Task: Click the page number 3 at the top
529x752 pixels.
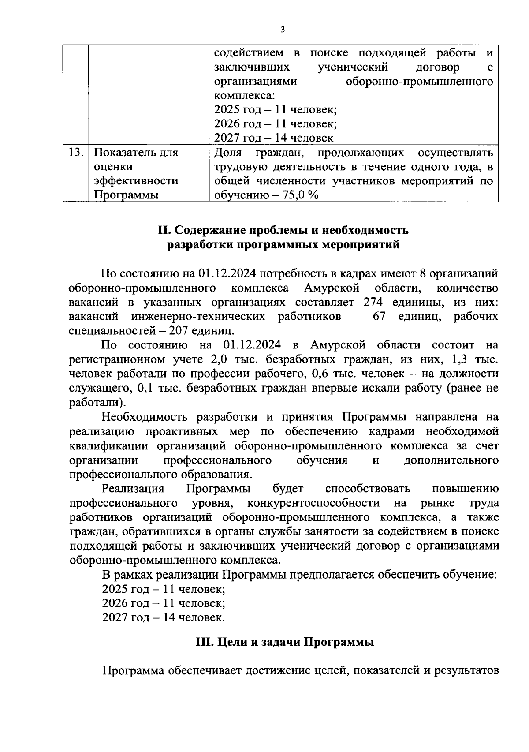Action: tap(283, 30)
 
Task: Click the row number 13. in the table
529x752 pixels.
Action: tap(76, 153)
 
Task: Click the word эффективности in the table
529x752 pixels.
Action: tap(136, 181)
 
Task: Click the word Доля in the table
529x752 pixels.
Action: tap(228, 153)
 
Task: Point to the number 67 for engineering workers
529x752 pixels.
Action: tap(379, 317)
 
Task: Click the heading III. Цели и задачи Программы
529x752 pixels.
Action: tap(285, 642)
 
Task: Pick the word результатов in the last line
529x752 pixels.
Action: tap(466, 671)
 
